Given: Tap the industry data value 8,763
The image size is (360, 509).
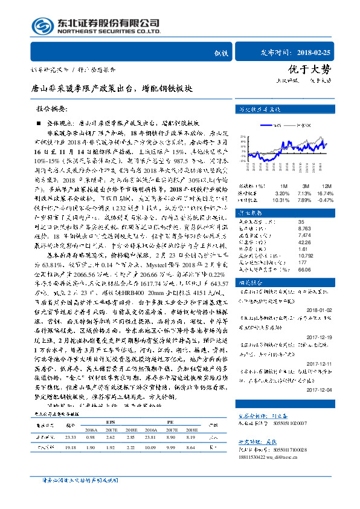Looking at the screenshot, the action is point(288,229).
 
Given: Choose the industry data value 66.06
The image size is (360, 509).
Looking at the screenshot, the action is point(288,270).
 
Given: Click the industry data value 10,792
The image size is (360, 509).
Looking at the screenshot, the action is point(289,256).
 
